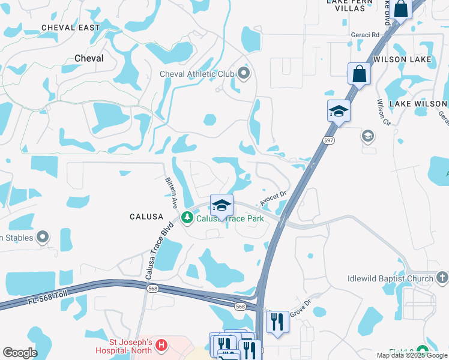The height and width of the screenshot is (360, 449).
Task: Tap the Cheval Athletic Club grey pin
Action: [x=244, y=74]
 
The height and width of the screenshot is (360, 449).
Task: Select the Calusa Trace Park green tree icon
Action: [x=187, y=218]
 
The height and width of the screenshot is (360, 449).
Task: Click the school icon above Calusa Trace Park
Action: [x=221, y=206]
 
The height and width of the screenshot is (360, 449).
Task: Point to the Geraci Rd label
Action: [x=367, y=35]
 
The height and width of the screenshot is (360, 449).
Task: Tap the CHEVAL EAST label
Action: [x=71, y=28]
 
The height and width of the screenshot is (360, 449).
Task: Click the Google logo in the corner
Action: [x=20, y=353]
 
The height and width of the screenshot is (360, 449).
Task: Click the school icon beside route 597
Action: [x=339, y=111]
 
